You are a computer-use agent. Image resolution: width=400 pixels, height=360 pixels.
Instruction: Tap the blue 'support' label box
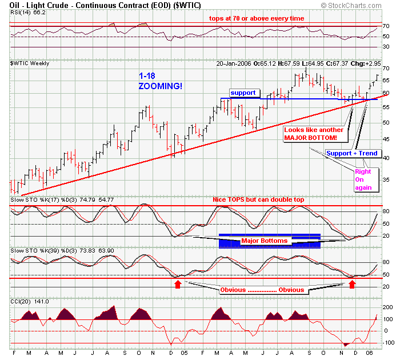(x=245, y=92)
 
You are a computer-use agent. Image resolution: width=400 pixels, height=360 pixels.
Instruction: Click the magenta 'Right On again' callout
(x=363, y=179)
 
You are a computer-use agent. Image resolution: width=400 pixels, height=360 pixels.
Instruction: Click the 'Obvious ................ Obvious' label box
(x=262, y=290)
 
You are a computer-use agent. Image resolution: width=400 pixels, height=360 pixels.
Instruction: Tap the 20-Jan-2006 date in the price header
(x=234, y=62)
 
